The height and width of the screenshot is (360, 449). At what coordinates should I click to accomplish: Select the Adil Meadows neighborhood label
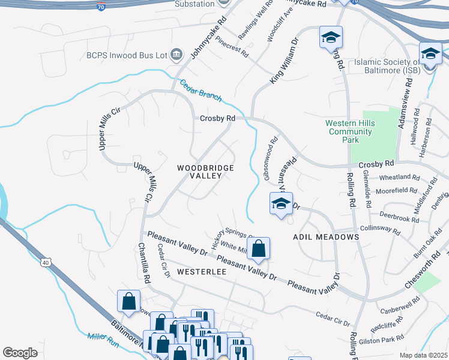tap(326, 237)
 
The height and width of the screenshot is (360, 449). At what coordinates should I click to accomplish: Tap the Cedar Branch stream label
tap(201, 90)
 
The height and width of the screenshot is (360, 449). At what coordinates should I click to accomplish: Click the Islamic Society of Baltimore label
tap(387, 66)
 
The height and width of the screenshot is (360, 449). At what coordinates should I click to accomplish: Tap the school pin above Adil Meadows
tap(281, 204)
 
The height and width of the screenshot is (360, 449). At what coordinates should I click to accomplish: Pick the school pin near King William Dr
tap(330, 38)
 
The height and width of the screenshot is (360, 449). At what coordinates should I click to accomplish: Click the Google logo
tap(20, 353)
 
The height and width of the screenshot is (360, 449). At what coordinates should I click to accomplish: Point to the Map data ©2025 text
tap(423, 355)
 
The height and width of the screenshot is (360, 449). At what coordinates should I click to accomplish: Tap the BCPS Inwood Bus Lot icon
tap(176, 55)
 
